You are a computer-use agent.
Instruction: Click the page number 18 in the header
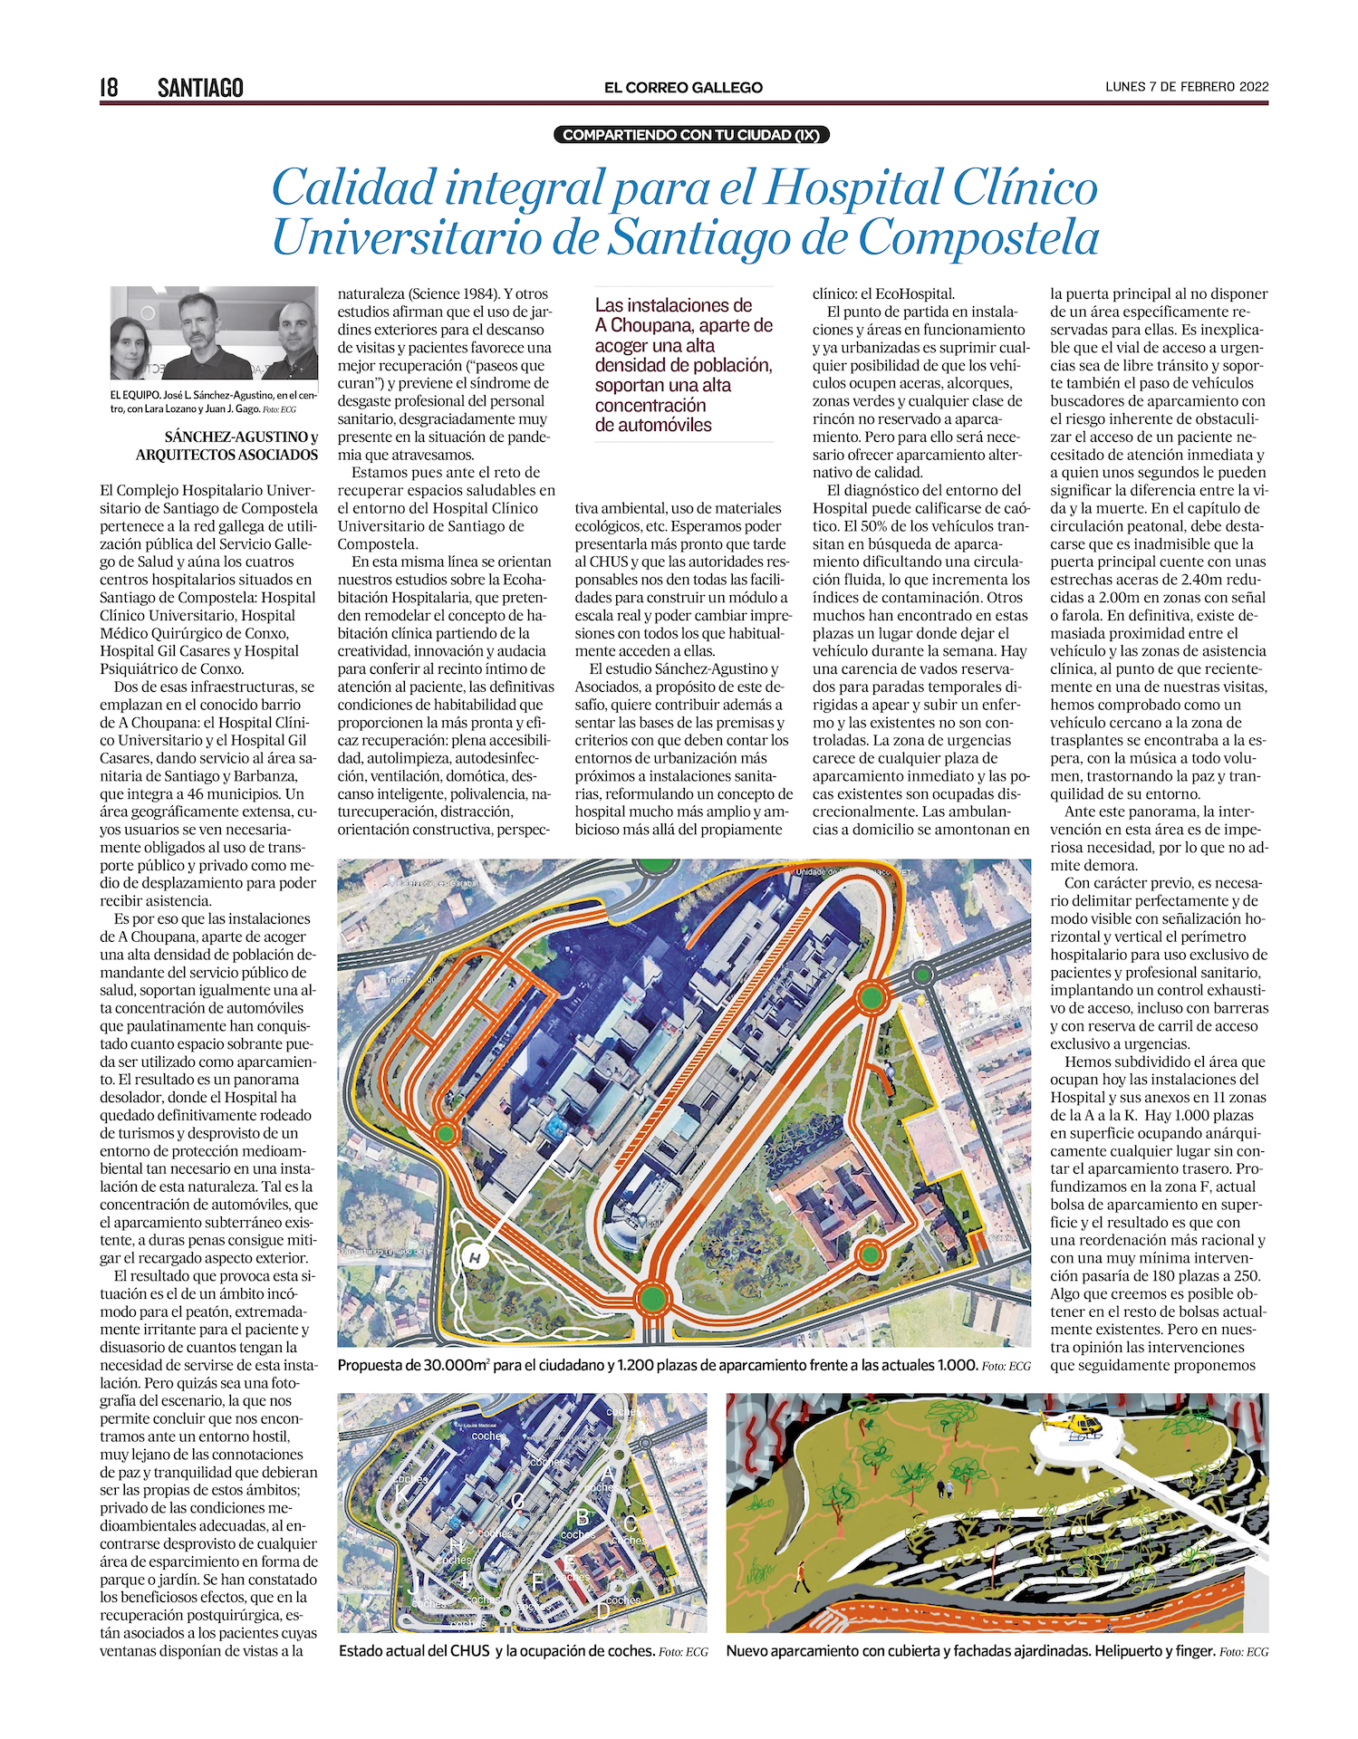(109, 87)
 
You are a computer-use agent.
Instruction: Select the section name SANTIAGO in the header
(200, 87)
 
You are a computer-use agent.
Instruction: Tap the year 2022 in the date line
(1254, 87)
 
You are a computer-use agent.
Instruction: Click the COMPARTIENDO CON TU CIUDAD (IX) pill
(690, 135)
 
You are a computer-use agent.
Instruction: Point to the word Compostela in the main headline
(978, 237)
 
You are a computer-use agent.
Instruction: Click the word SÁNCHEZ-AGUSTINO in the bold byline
(235, 437)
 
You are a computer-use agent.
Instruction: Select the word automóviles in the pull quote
(653, 425)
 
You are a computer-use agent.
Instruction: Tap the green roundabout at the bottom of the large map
(651, 1298)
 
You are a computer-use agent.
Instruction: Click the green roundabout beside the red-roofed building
(870, 1254)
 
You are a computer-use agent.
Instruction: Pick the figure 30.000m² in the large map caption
(457, 1365)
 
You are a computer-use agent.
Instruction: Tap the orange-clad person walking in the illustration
(801, 1577)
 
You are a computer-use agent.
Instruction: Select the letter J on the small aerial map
(413, 1586)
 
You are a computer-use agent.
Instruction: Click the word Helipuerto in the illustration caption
(1131, 1651)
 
